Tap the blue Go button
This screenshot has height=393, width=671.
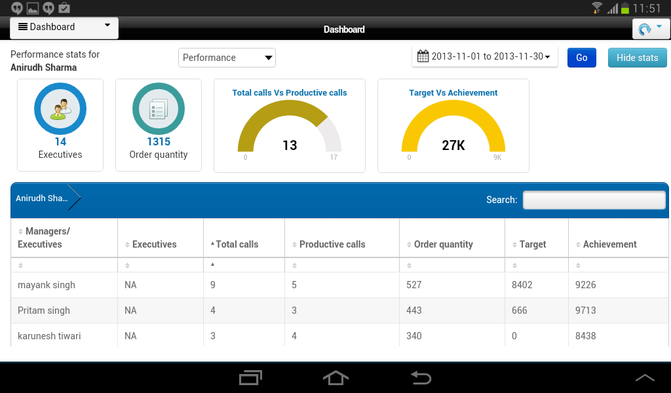(x=582, y=58)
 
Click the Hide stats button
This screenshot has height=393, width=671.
(x=637, y=58)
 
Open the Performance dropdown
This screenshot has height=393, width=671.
(x=227, y=58)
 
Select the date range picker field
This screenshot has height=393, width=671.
(x=484, y=56)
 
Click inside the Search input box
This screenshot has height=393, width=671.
(x=594, y=200)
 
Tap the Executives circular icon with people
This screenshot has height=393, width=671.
(x=60, y=109)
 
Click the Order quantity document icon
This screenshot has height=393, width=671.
(x=159, y=109)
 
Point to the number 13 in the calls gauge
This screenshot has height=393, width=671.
(x=290, y=145)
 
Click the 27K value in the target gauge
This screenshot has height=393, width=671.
(x=453, y=145)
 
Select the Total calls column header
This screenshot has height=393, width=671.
(x=237, y=244)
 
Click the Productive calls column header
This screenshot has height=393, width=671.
(x=332, y=244)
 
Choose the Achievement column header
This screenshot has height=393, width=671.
(x=609, y=244)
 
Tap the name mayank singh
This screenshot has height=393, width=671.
(x=47, y=285)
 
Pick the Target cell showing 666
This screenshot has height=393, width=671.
(x=519, y=310)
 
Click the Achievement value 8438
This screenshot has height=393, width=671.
(x=585, y=336)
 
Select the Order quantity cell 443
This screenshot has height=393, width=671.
(x=414, y=310)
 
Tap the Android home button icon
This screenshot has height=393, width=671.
(x=335, y=378)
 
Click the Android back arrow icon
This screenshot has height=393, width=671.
(x=421, y=378)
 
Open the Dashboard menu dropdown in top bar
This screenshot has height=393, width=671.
(x=64, y=28)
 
